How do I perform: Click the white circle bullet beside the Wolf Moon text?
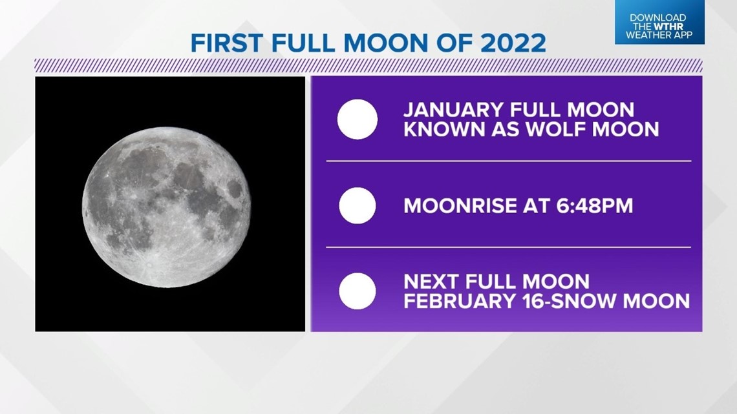(358, 119)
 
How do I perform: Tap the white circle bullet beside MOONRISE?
(358, 205)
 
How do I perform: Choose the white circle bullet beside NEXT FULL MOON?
(358, 291)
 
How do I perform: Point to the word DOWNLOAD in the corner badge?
(658, 18)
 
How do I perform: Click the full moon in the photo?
(166, 207)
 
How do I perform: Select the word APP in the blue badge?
(682, 36)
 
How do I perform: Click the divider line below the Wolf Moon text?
(509, 161)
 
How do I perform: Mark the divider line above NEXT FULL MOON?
(509, 247)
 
